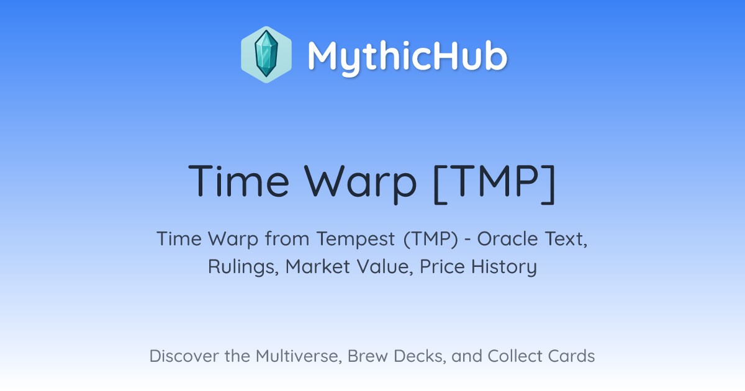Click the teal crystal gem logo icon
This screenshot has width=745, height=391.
pyautogui.click(x=266, y=55)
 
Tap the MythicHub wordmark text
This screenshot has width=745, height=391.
pyautogui.click(x=407, y=57)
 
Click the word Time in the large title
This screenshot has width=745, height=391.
pyautogui.click(x=238, y=181)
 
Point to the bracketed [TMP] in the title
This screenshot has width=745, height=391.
pyautogui.click(x=495, y=184)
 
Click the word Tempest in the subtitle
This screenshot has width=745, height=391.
pyautogui.click(x=356, y=240)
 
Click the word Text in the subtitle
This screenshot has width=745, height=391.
pyautogui.click(x=566, y=240)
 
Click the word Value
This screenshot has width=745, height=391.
pyautogui.click(x=386, y=267)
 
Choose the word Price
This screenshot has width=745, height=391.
pyautogui.click(x=442, y=266)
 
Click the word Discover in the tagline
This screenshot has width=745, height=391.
pyautogui.click(x=184, y=356)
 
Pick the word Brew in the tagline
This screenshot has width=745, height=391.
pyautogui.click(x=368, y=356)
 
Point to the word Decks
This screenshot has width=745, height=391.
pyautogui.click(x=420, y=356)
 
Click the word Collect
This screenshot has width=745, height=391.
pyautogui.click(x=515, y=356)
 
